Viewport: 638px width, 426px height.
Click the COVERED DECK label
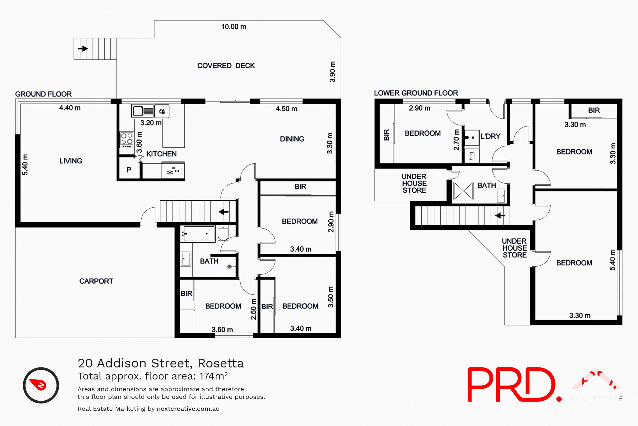point(226,66)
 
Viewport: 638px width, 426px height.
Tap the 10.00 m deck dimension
point(234,27)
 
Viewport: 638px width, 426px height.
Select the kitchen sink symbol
point(143,111)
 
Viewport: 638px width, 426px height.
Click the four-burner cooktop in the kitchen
point(127,139)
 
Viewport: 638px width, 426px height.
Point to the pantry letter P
point(129,170)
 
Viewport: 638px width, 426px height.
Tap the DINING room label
point(292,139)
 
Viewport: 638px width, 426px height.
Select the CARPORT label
point(96,281)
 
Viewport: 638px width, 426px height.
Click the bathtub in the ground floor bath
point(199,234)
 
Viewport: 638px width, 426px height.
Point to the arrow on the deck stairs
point(82,49)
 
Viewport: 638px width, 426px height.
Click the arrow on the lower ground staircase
point(500,216)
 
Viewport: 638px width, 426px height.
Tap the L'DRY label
point(490,136)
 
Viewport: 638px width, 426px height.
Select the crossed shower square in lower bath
point(463,191)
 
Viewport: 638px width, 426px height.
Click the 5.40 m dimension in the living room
point(25,165)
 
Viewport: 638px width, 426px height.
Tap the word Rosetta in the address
point(221,363)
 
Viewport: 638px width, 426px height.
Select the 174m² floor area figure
point(213,376)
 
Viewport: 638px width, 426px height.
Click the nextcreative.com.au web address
point(188,409)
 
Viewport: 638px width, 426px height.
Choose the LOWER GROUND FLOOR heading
point(416,93)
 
